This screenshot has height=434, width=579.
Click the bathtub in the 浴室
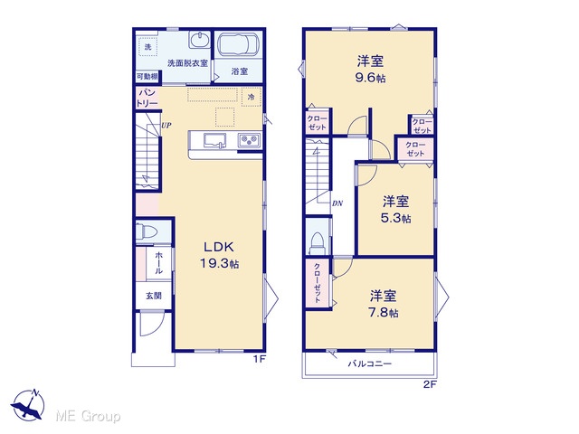(x=238, y=45)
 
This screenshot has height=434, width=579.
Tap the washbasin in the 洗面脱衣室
(x=200, y=39)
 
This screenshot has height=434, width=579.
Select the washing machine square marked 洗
(x=148, y=47)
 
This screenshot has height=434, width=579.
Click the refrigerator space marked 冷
(x=252, y=98)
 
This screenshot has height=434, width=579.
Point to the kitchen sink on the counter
(x=215, y=141)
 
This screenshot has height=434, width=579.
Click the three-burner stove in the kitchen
(x=249, y=141)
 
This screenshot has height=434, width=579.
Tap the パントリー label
(x=147, y=98)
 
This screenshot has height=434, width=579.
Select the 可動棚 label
(x=147, y=77)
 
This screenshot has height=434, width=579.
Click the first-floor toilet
(x=147, y=231)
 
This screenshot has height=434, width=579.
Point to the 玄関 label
(x=154, y=296)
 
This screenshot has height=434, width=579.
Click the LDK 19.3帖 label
(x=219, y=255)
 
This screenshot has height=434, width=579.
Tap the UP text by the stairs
(x=166, y=126)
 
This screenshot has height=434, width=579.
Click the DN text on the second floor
(x=337, y=203)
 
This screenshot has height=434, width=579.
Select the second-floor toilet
(x=317, y=243)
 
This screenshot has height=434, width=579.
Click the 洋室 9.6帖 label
(x=370, y=69)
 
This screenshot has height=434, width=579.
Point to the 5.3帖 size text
(x=396, y=219)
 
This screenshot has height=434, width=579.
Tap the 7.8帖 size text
(x=384, y=313)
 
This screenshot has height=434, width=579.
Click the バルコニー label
(x=370, y=364)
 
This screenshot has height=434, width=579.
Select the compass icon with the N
(x=28, y=405)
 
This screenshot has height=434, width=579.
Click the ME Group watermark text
(x=88, y=416)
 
